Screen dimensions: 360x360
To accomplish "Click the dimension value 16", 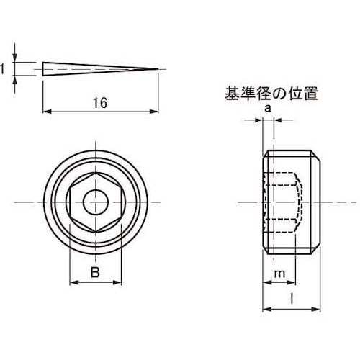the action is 100,103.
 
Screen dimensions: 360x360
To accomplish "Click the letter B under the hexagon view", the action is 95,273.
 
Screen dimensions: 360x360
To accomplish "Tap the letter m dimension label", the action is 279,274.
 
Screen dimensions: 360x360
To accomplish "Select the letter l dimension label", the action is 292,300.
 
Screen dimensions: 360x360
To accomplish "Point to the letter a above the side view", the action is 268,109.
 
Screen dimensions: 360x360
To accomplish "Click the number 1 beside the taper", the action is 2,69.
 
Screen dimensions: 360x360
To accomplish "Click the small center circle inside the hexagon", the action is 96,202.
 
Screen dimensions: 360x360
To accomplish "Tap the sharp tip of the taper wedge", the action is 158,69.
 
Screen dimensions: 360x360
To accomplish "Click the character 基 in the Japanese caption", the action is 232,94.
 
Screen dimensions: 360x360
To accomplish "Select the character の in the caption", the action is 279,94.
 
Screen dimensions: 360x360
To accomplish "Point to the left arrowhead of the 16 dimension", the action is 47,112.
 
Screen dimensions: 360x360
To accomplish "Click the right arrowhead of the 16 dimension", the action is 154,112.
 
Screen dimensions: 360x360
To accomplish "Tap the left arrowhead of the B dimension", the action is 74,282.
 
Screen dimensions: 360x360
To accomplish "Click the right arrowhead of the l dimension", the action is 316,309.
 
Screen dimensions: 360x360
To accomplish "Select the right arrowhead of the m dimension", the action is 291,282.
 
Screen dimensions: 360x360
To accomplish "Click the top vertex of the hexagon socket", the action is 96,173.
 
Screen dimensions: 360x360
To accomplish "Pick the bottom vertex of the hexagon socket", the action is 96,232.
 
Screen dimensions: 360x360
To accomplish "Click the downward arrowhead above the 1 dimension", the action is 15,57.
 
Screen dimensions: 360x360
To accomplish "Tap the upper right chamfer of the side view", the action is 315,156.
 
